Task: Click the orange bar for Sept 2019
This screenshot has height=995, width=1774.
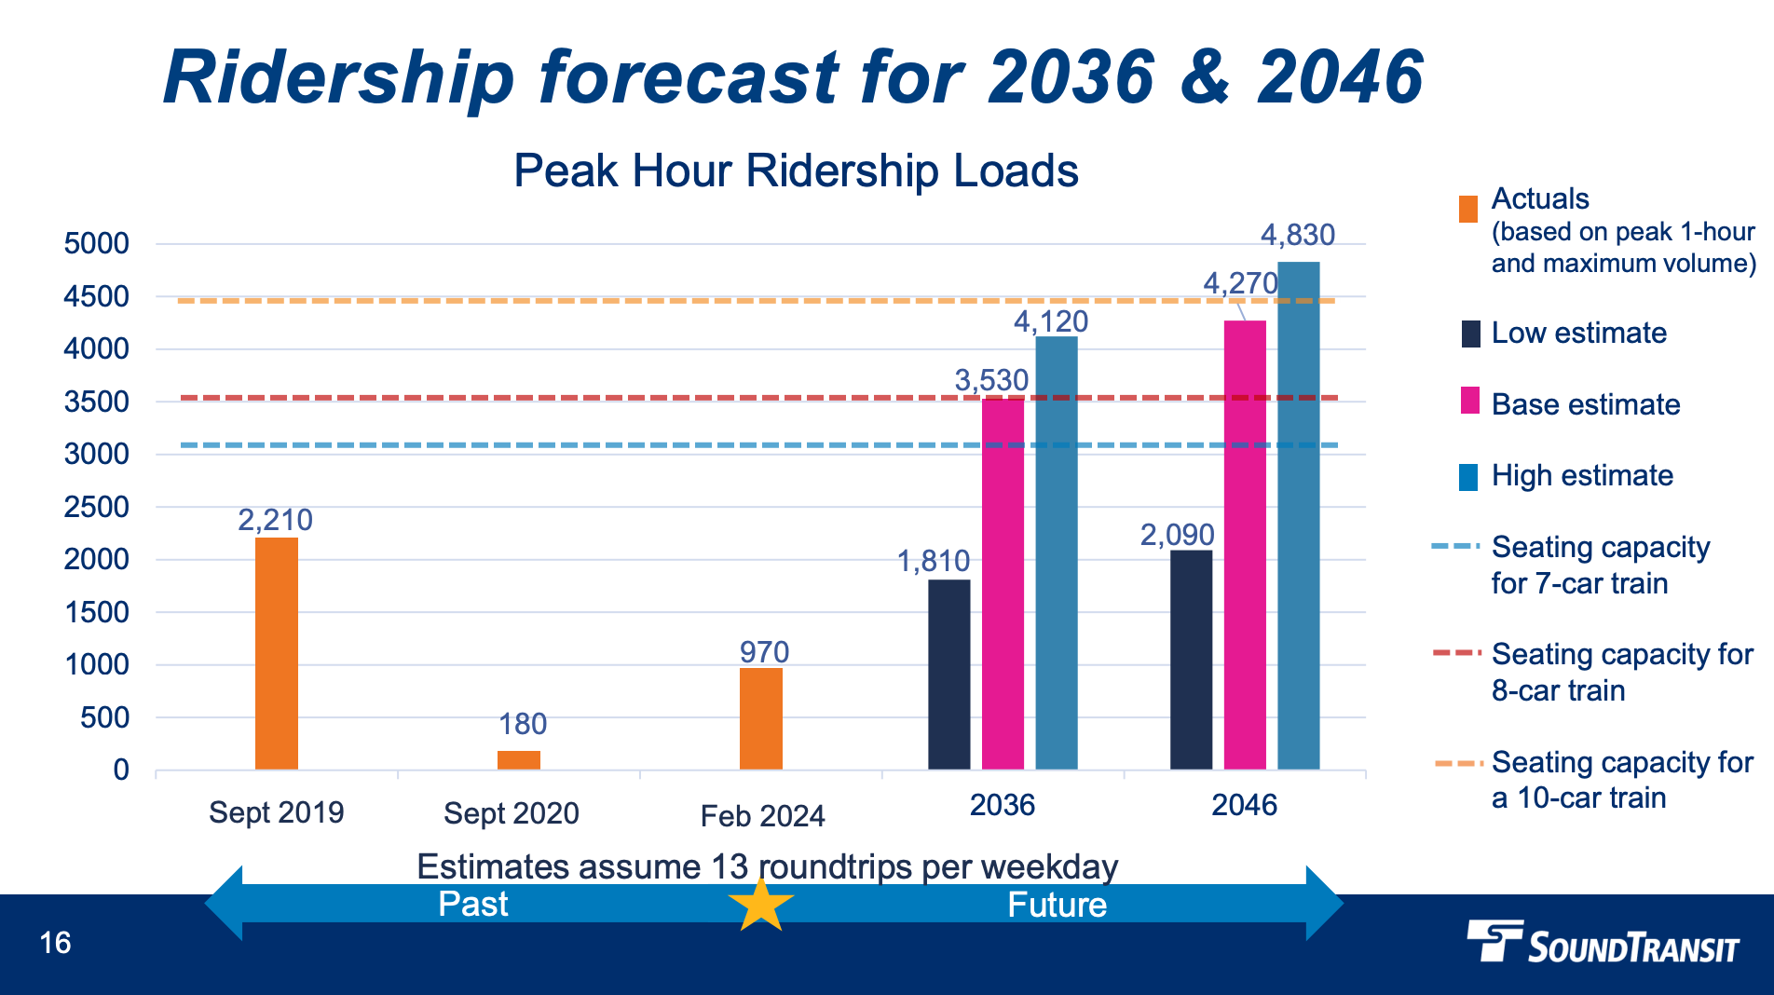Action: [277, 652]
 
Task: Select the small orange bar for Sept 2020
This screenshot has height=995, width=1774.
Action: [519, 759]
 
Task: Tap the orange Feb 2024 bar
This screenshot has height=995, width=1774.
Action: [761, 718]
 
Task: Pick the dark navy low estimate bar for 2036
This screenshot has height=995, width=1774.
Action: [948, 675]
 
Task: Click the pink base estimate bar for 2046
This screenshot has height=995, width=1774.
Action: [1245, 545]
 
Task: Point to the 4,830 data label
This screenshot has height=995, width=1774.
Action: [1297, 235]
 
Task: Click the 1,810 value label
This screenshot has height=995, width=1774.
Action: [933, 561]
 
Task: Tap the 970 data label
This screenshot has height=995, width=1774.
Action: [764, 652]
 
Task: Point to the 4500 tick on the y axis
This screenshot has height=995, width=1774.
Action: [96, 297]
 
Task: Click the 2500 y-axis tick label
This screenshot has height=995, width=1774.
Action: [96, 508]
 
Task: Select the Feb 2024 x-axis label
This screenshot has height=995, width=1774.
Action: [762, 816]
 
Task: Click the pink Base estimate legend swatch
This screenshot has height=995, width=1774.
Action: [1469, 402]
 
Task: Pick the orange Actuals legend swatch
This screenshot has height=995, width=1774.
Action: [1468, 209]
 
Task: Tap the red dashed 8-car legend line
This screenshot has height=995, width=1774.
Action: [1456, 653]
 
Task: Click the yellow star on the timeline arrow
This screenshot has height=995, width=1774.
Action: [761, 905]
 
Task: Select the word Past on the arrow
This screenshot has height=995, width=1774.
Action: [473, 905]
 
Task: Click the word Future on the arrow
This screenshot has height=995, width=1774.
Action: [1057, 906]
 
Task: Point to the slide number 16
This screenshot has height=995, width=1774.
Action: [55, 943]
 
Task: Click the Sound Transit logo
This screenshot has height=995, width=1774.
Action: [1603, 942]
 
